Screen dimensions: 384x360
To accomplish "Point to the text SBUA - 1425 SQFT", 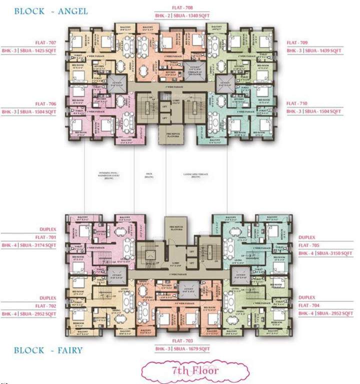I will click(40, 51).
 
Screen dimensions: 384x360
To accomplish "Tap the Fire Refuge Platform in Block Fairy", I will click(176, 222).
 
